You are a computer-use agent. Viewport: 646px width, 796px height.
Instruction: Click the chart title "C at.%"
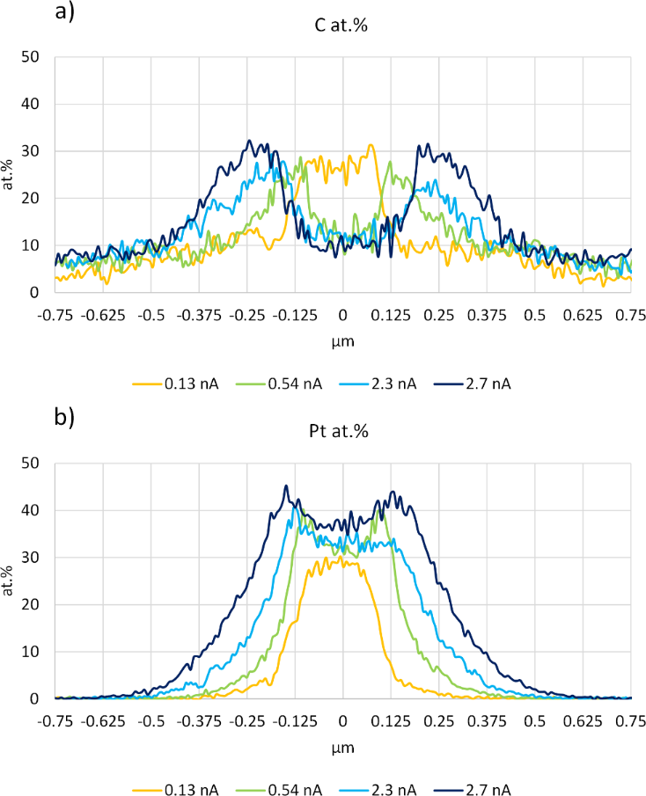pyautogui.click(x=343, y=26)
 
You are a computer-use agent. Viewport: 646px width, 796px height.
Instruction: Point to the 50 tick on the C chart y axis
pyautogui.click(x=35, y=58)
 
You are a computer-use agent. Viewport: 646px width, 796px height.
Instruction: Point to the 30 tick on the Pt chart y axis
pyautogui.click(x=35, y=558)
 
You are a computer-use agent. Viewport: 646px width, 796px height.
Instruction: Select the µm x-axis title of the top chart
pyautogui.click(x=343, y=340)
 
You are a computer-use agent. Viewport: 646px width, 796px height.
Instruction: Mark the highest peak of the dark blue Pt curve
pyautogui.click(x=286, y=486)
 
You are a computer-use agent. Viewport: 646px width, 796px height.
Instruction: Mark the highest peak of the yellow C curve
pyautogui.click(x=371, y=145)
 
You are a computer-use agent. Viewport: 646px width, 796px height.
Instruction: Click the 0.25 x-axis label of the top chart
pyautogui.click(x=439, y=313)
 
